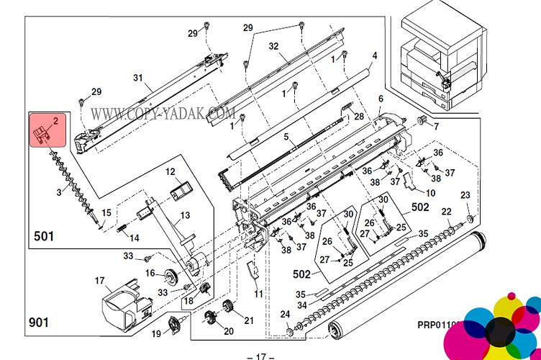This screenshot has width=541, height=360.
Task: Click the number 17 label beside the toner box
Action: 100,281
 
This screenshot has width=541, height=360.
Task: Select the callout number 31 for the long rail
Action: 139,77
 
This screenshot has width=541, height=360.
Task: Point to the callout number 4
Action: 374,55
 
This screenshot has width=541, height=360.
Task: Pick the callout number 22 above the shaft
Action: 446,212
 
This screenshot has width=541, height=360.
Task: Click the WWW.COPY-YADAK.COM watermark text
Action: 163,113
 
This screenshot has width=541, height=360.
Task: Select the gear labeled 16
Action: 171,274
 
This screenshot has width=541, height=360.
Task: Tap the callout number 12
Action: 171,172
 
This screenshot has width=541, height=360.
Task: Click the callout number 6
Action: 381,99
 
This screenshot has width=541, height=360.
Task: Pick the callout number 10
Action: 430,193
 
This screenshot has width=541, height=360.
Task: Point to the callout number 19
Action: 156,333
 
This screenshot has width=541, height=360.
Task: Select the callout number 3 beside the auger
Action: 60,192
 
